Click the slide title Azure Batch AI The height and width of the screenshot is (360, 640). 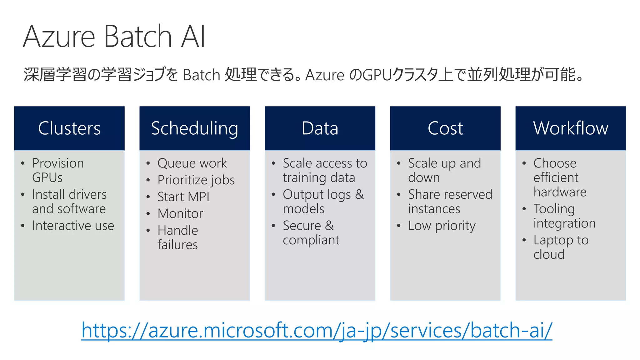point(114,37)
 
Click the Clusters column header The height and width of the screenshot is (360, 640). point(69,128)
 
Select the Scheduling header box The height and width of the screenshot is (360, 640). point(194,128)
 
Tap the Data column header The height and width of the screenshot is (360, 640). point(320,128)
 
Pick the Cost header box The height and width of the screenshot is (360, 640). point(445,128)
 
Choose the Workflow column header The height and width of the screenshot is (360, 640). point(570,128)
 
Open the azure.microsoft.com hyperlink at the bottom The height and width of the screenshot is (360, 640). point(317,330)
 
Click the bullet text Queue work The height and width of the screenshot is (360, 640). point(192,163)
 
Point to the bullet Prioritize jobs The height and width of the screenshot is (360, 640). point(196,180)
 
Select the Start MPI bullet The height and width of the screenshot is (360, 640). point(183,197)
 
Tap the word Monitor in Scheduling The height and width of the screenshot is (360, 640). point(180,214)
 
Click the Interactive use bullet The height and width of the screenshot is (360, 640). point(73,226)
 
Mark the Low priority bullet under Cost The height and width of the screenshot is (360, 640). point(442,226)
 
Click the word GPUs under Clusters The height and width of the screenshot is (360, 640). point(47,177)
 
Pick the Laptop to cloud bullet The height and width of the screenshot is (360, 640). point(561,247)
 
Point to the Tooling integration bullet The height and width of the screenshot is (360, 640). point(564,216)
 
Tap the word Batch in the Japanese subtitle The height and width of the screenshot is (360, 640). point(202,75)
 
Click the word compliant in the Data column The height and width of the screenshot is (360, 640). point(311,240)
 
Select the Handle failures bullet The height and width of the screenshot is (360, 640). point(177,237)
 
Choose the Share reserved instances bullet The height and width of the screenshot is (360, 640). point(450,202)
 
